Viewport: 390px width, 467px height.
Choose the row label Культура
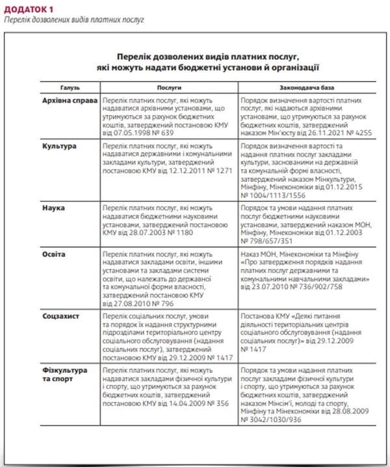pyautogui.click(x=59, y=145)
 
